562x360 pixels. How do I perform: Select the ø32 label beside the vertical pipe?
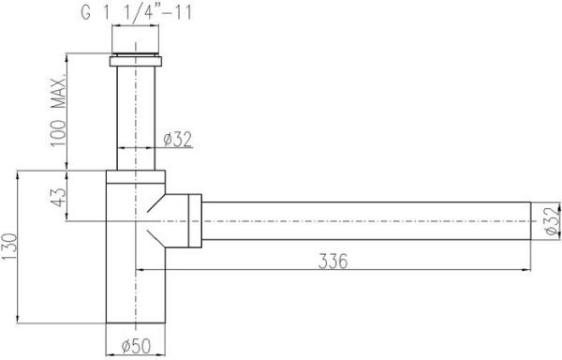(x=178, y=140)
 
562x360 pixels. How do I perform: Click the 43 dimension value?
(x=58, y=199)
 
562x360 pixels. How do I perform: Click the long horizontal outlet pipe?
(x=365, y=222)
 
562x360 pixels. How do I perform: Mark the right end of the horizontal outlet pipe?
(x=530, y=222)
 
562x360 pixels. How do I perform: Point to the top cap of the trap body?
(x=138, y=176)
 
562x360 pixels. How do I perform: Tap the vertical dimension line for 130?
(x=21, y=246)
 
